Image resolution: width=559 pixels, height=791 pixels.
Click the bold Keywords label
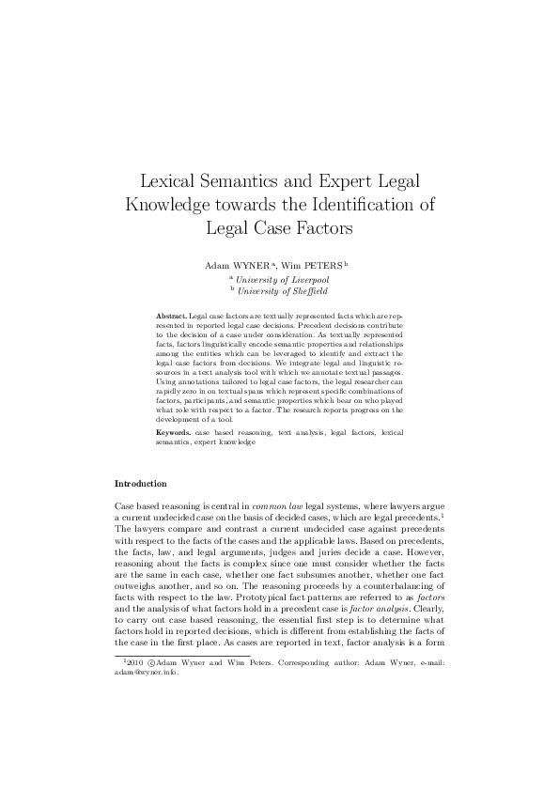(174, 431)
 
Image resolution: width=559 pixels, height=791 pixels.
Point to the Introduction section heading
(140, 484)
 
